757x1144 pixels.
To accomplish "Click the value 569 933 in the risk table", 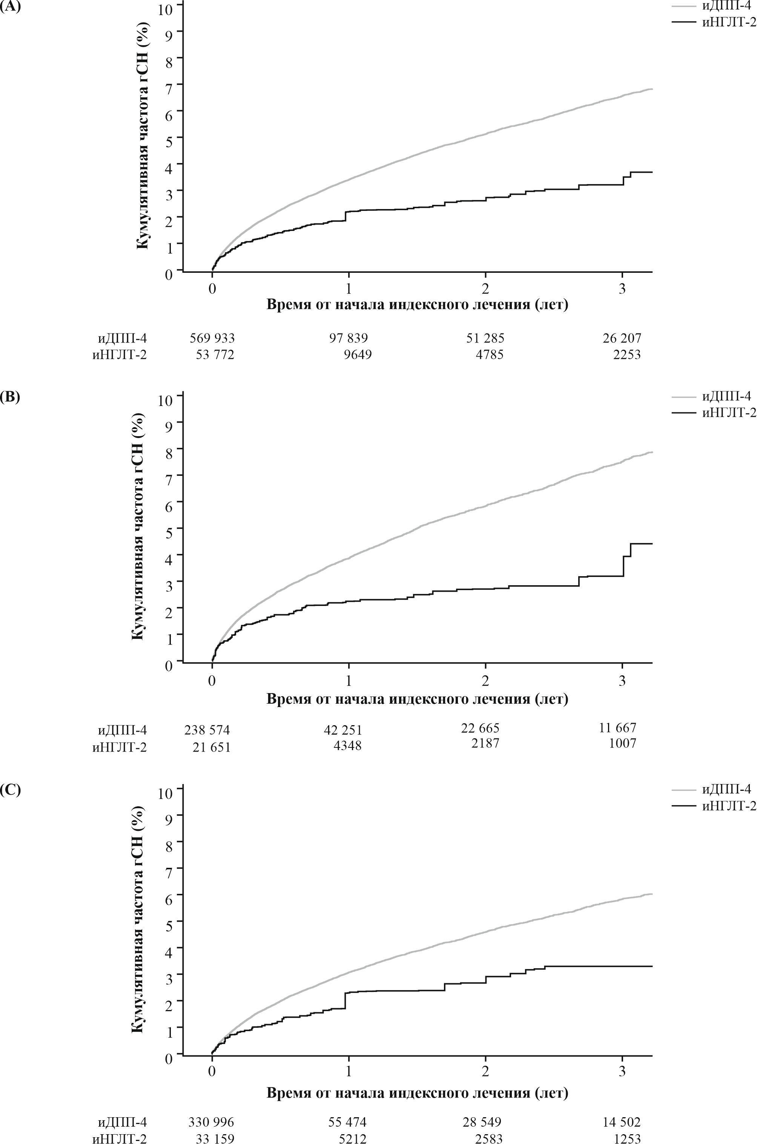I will [x=212, y=338].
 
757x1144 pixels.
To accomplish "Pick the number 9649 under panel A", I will [x=357, y=355].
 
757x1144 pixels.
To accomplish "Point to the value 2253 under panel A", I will [x=626, y=355].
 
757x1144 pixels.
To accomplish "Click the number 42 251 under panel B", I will [x=343, y=730].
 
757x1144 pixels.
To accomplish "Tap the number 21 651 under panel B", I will [x=210, y=747].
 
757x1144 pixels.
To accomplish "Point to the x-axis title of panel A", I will [x=417, y=305].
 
